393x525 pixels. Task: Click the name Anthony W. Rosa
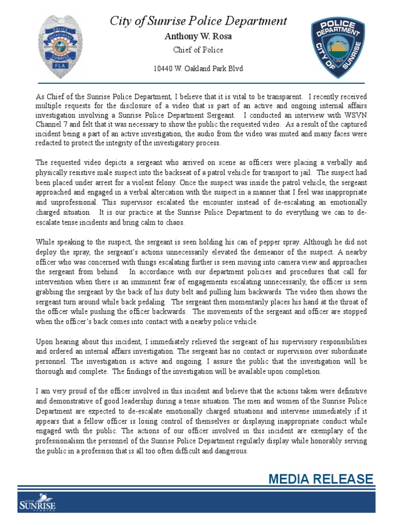click(198, 36)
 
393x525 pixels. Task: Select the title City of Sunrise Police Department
click(199, 21)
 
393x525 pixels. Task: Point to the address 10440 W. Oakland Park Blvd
click(198, 69)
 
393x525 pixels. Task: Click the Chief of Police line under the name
click(198, 50)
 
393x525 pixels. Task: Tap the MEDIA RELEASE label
click(321, 479)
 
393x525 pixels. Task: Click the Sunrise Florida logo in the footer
click(37, 503)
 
